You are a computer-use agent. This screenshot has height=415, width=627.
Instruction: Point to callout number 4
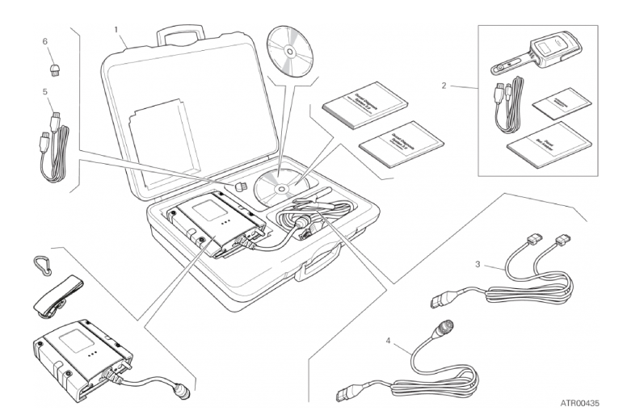point(389,340)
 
